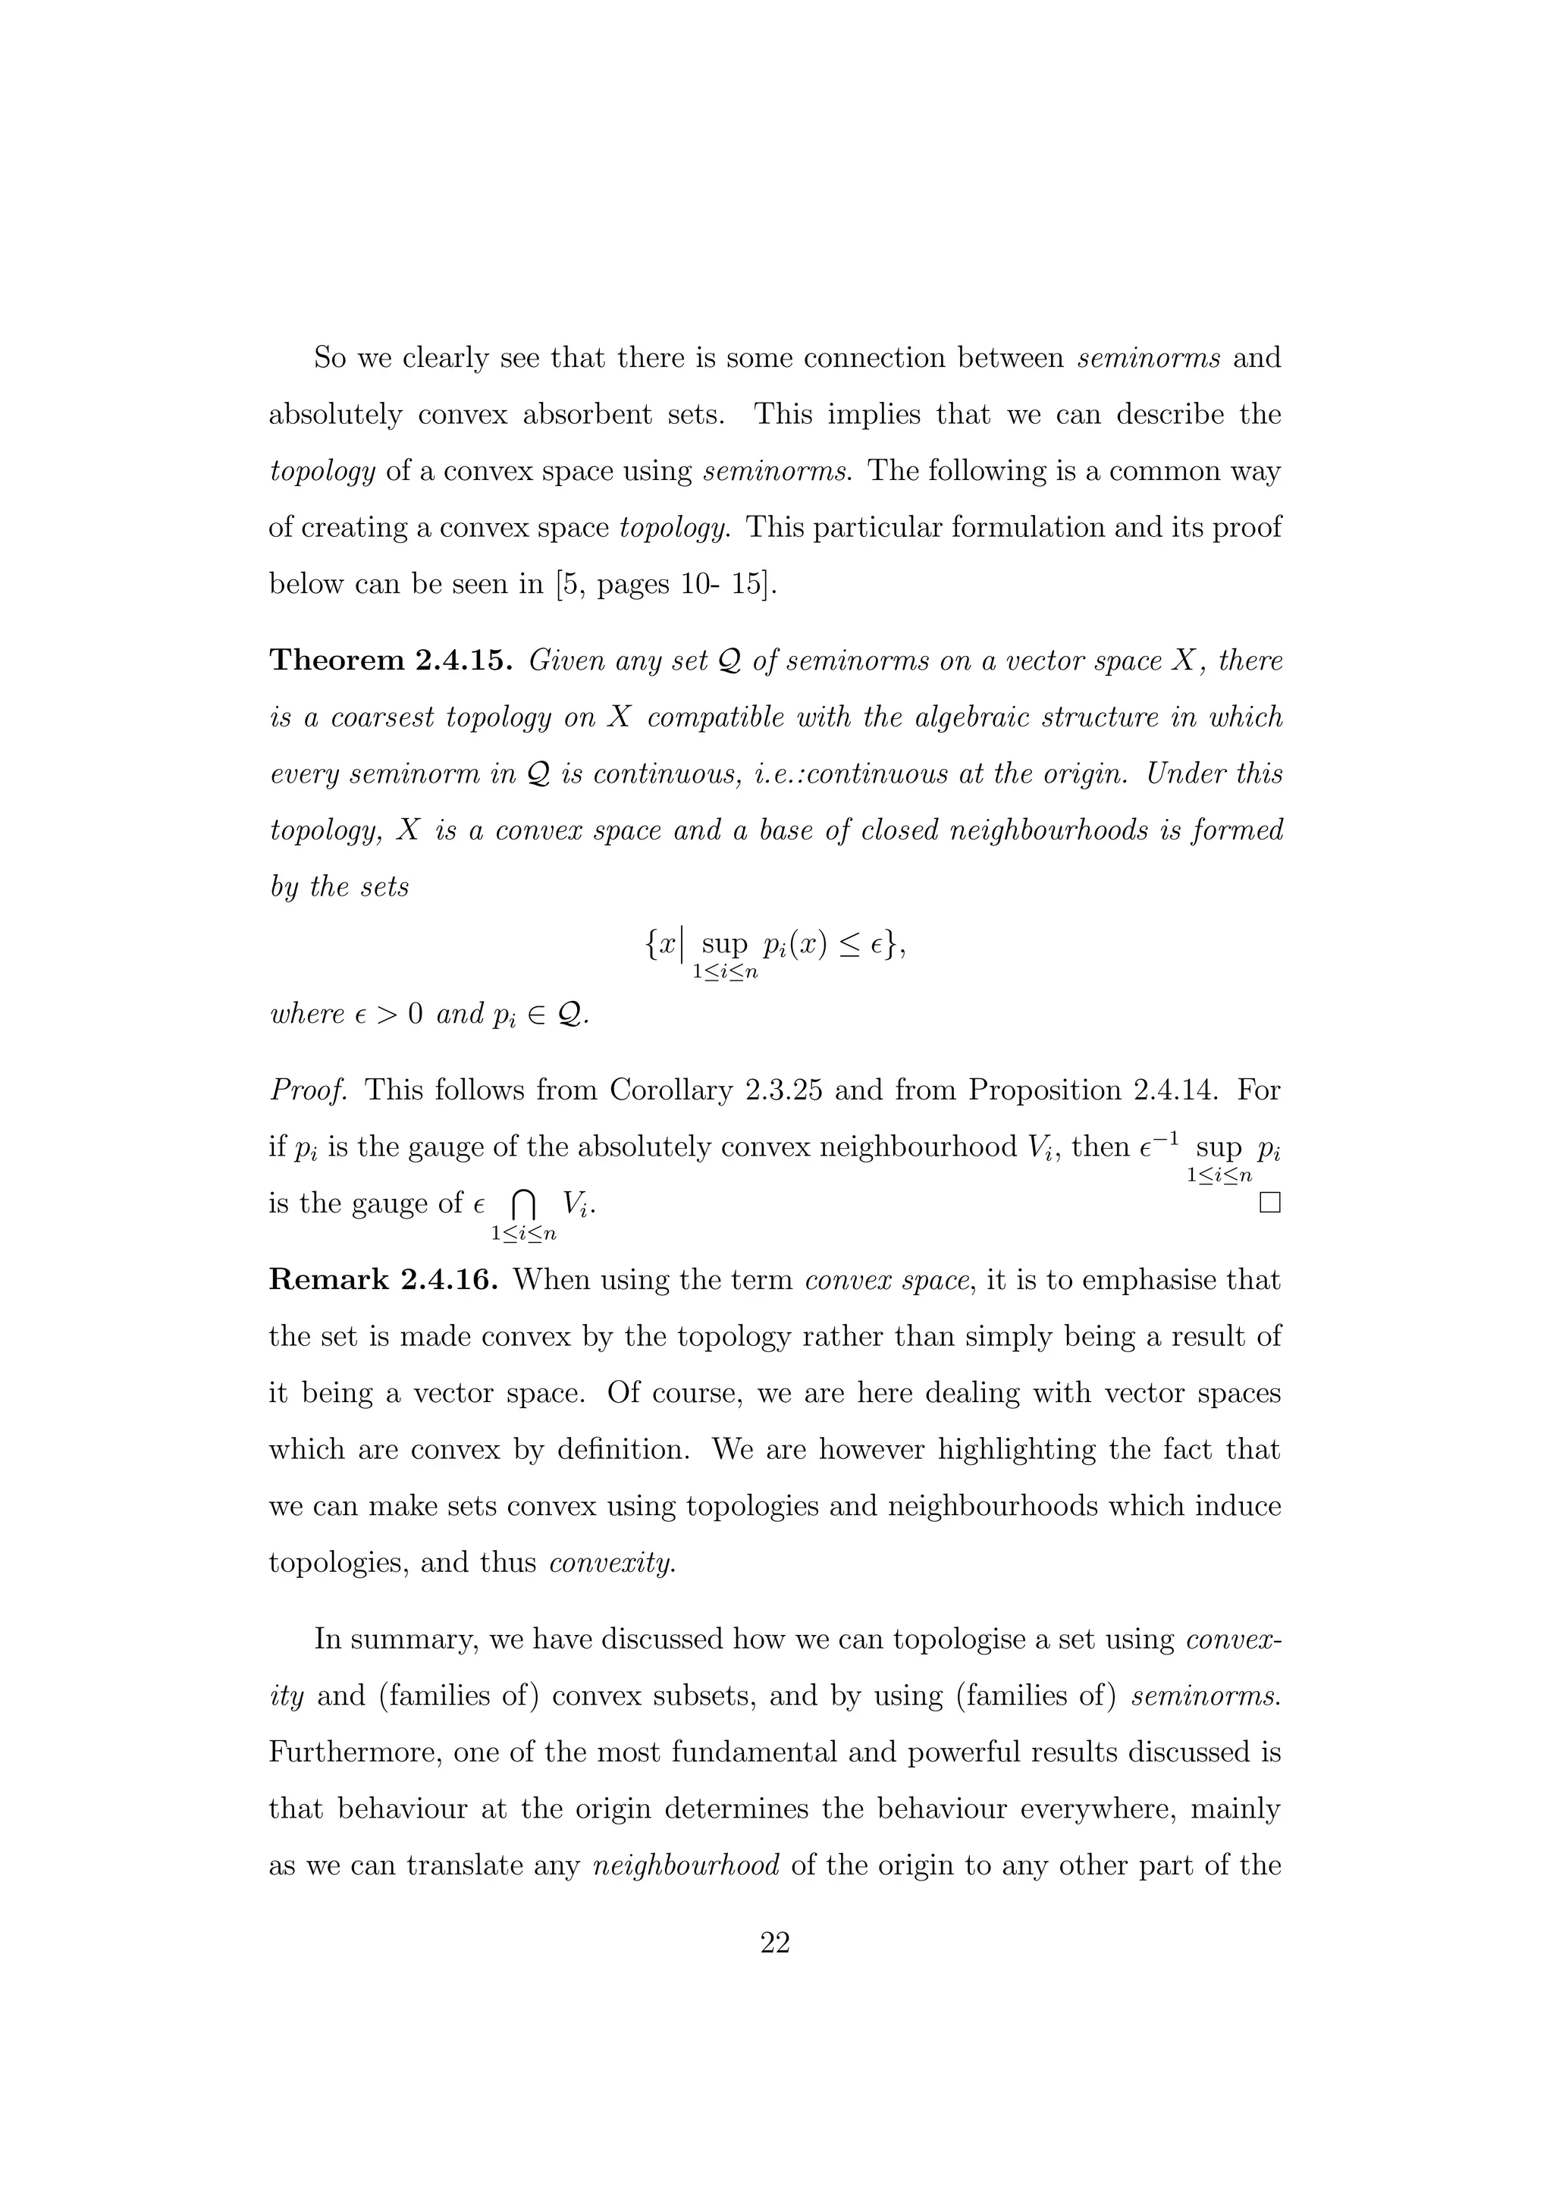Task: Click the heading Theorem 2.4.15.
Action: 393,661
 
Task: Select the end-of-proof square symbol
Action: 1269,1203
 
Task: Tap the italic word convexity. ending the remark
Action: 612,1563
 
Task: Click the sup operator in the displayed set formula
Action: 724,944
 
